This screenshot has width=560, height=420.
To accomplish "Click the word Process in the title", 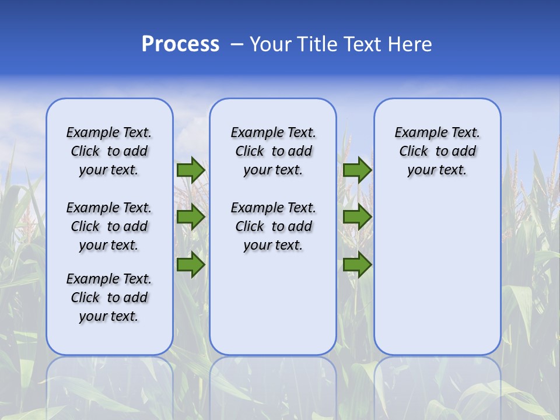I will [180, 44].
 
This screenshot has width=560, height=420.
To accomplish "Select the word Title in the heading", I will [317, 44].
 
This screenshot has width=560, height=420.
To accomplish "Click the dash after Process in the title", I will [236, 45].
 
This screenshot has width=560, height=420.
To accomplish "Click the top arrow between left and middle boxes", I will [191, 170].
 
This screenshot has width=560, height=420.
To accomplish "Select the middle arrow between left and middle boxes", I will [191, 218].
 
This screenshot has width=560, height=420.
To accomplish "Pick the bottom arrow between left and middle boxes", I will [191, 265].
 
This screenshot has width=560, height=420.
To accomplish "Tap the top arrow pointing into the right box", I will [358, 170].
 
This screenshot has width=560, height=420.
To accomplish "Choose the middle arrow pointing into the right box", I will [358, 218].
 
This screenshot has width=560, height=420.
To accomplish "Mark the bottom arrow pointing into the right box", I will [358, 265].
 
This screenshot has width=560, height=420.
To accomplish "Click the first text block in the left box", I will [109, 151].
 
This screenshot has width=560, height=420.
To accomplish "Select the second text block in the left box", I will [109, 226].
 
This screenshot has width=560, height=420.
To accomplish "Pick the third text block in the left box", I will [109, 297].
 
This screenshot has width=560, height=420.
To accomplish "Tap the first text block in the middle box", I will [273, 151].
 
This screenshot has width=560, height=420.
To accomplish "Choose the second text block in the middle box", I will [273, 226].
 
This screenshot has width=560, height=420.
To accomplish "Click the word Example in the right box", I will [416, 133].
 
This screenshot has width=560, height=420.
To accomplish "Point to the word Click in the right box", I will [414, 152].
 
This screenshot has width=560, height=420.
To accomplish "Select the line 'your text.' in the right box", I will [437, 170].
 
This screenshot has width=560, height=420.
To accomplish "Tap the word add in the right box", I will [464, 152].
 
